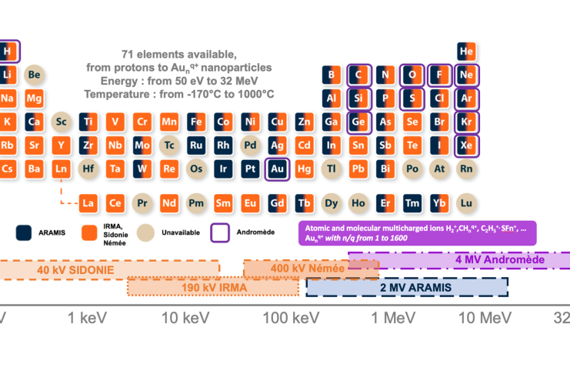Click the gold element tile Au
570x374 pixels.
[x=277, y=169]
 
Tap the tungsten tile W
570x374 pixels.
[x=142, y=169]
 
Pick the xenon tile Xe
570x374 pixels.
[x=465, y=145]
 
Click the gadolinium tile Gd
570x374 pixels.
[x=277, y=203]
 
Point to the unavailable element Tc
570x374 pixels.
[x=169, y=145]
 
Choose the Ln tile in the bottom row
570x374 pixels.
[x=62, y=169]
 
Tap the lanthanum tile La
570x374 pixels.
[x=88, y=203]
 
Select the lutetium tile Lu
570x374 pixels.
[x=465, y=203]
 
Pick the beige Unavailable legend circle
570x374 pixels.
[x=146, y=231]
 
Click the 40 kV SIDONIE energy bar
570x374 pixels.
[x=108, y=270]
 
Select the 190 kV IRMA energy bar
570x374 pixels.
[x=213, y=287]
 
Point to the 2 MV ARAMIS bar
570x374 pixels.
[x=407, y=287]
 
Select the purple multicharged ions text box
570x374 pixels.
[x=417, y=232]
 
